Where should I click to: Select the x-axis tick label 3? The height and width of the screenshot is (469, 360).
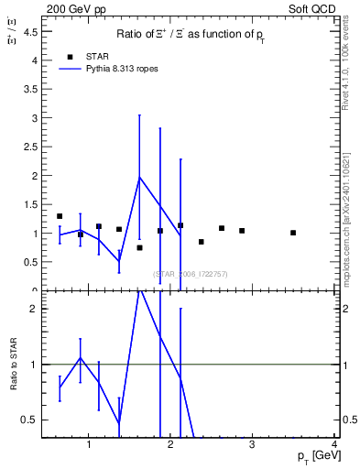point(253,445)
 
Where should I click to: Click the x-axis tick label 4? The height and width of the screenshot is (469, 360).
point(335,445)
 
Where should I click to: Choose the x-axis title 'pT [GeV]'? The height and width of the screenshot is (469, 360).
point(311,456)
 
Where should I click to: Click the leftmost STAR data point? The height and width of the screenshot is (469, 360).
point(60,216)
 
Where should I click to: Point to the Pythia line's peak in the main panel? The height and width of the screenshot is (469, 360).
point(139,177)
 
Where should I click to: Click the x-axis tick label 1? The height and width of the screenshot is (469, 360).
point(89,445)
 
